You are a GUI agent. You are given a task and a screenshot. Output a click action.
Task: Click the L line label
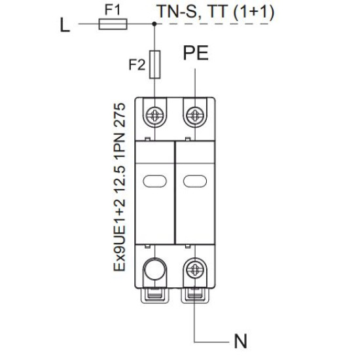click(x=65, y=26)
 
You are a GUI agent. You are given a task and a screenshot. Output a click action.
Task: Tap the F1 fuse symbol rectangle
click(x=113, y=24)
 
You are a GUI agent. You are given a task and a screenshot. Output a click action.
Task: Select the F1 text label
click(x=113, y=10)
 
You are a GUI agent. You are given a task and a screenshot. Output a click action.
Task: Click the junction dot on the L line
click(x=154, y=24)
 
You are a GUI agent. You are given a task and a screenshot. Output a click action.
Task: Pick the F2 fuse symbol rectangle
click(x=154, y=65)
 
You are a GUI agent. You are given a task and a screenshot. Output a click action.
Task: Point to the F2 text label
click(x=137, y=65)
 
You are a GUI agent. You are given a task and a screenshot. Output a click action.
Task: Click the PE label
click(x=196, y=53)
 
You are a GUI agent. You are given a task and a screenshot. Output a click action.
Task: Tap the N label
click(x=240, y=342)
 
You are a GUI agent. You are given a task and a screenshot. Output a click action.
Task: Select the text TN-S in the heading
click(x=177, y=12)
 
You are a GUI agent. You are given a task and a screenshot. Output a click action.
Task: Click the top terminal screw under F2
click(x=155, y=115)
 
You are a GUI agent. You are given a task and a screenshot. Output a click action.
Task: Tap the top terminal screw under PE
click(x=195, y=115)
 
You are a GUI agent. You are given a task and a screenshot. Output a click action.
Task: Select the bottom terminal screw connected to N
click(x=195, y=269)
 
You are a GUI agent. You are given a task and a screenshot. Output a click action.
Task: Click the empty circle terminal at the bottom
click(x=154, y=269)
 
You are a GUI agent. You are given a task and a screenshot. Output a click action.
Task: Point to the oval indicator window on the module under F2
click(x=154, y=181)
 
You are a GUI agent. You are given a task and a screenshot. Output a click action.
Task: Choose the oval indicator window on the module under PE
click(x=195, y=181)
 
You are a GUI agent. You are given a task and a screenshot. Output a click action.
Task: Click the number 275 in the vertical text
click(x=120, y=115)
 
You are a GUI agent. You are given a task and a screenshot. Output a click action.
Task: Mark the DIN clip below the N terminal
click(x=195, y=295)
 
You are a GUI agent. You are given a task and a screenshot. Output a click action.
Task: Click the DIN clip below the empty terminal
click(x=154, y=295)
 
